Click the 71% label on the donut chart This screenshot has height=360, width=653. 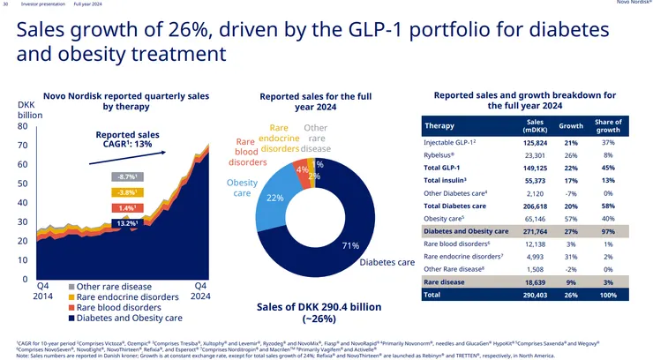(350, 244)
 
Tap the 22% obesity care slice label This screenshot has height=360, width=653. (274, 198)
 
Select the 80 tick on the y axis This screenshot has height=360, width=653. (23, 126)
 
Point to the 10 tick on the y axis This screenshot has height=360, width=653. (23, 261)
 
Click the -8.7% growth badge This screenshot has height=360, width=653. (126, 176)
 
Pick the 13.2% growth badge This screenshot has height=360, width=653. (126, 224)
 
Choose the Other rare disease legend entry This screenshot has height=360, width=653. (115, 286)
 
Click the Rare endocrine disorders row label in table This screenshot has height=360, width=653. (463, 256)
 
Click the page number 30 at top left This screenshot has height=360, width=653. (6, 4)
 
